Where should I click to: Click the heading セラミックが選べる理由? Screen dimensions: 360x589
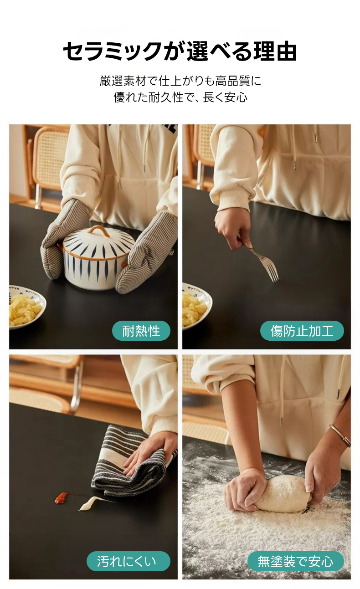pyautogui.click(x=180, y=51)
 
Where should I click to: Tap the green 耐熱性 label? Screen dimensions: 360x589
pyautogui.click(x=141, y=331)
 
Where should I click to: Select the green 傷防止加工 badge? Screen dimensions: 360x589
pyautogui.click(x=302, y=331)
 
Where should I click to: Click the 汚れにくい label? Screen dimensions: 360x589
pyautogui.click(x=129, y=561)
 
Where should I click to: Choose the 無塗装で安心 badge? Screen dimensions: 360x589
pyautogui.click(x=296, y=561)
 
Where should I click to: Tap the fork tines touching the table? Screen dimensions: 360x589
pyautogui.click(x=272, y=271)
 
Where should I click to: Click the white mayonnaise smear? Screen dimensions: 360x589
pyautogui.click(x=89, y=503)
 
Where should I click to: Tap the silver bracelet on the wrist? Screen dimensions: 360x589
pyautogui.click(x=341, y=435)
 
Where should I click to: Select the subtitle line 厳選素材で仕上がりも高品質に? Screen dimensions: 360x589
pyautogui.click(x=180, y=81)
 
